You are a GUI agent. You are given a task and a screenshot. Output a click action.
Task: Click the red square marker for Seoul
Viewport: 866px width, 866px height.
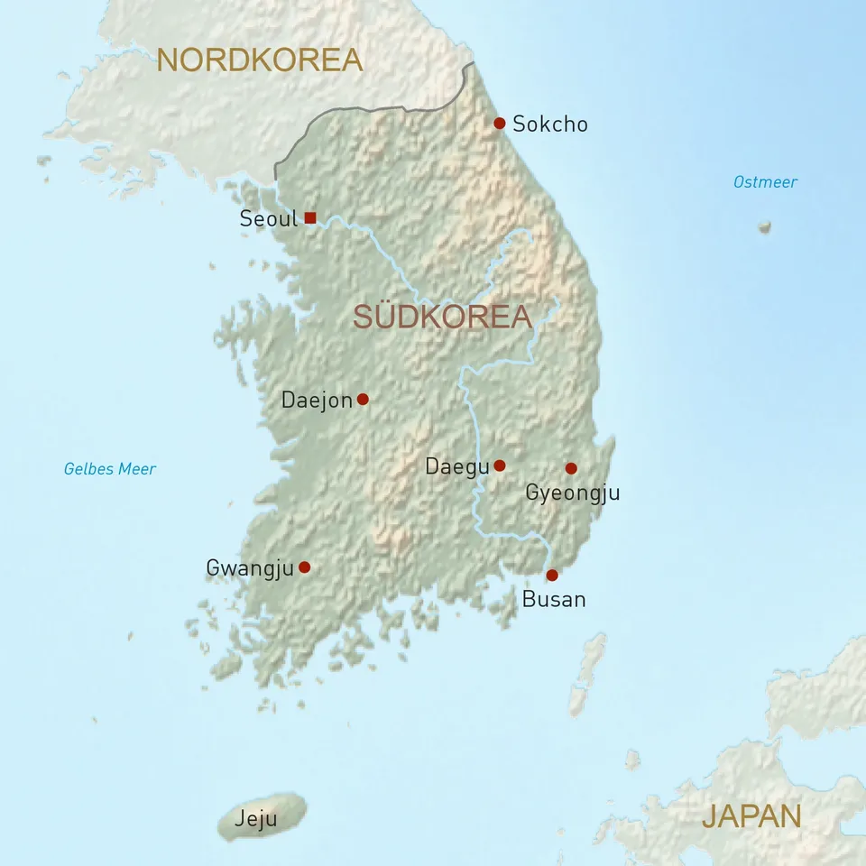click(x=310, y=217)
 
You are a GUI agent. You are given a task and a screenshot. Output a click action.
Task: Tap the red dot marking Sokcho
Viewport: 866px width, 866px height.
click(x=499, y=123)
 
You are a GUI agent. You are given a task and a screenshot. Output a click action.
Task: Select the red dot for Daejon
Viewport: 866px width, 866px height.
click(x=363, y=399)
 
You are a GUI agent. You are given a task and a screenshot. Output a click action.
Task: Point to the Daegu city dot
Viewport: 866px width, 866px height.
click(x=499, y=465)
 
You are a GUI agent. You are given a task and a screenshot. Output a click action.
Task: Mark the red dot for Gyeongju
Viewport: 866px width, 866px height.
click(x=571, y=468)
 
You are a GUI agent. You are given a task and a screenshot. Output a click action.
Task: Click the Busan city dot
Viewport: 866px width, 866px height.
click(x=552, y=575)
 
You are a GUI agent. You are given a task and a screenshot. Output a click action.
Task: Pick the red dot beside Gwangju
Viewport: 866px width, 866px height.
click(x=304, y=567)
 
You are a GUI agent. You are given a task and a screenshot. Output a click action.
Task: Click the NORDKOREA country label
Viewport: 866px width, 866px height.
click(x=259, y=60)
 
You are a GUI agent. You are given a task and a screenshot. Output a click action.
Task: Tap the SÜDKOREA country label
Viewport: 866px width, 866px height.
click(x=442, y=317)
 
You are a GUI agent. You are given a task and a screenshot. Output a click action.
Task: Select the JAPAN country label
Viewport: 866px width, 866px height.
click(x=751, y=815)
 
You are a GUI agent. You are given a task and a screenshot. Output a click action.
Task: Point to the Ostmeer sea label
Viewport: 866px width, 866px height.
click(x=765, y=182)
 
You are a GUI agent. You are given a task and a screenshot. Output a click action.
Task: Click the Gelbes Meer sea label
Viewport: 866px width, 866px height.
click(x=109, y=469)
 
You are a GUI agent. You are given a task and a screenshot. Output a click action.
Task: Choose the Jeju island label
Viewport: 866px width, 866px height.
click(x=255, y=820)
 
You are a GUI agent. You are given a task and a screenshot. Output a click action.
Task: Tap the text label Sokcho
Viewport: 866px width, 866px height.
click(x=549, y=124)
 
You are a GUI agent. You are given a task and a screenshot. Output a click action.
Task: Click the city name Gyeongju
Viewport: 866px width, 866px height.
click(x=572, y=493)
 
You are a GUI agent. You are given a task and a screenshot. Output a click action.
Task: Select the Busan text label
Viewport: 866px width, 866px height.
click(x=554, y=599)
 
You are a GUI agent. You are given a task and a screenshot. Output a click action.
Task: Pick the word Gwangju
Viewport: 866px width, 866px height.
click(x=250, y=568)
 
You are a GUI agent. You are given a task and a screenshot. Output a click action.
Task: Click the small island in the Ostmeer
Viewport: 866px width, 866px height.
click(x=765, y=226)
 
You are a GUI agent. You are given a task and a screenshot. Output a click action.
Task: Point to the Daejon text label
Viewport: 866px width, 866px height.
click(x=317, y=400)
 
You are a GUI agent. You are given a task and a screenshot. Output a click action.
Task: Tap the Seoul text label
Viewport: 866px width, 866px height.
click(x=268, y=218)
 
